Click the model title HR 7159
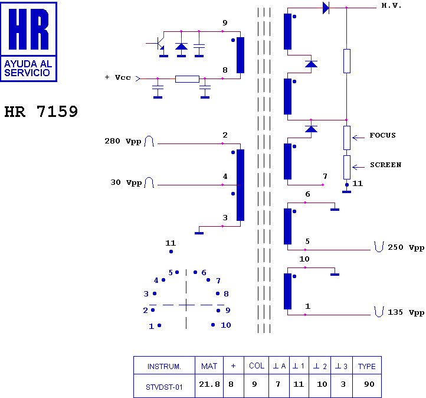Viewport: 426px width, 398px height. point(41,112)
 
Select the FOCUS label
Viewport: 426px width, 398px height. point(382,135)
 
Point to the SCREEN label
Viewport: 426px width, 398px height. point(385,165)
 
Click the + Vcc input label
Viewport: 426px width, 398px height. point(117,77)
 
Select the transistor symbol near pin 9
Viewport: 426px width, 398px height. point(158,44)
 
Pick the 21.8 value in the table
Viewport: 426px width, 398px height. point(209,384)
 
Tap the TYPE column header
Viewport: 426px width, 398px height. point(366,366)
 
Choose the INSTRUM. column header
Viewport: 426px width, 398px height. point(164,366)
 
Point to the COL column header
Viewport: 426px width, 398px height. point(257,366)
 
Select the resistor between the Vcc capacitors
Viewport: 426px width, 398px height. point(187,79)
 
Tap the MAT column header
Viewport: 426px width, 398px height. point(209,366)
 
